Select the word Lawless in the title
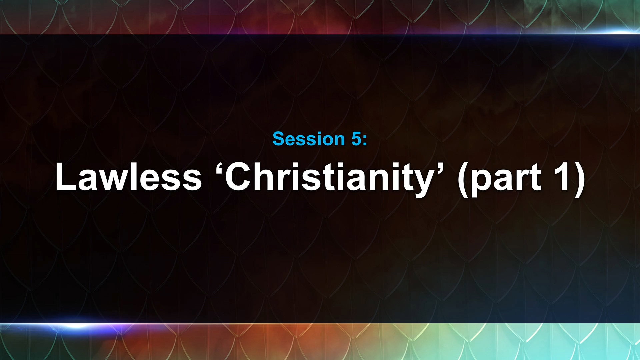pyautogui.click(x=128, y=177)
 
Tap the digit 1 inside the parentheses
pyautogui.click(x=562, y=177)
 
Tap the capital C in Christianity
pyautogui.click(x=239, y=177)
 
